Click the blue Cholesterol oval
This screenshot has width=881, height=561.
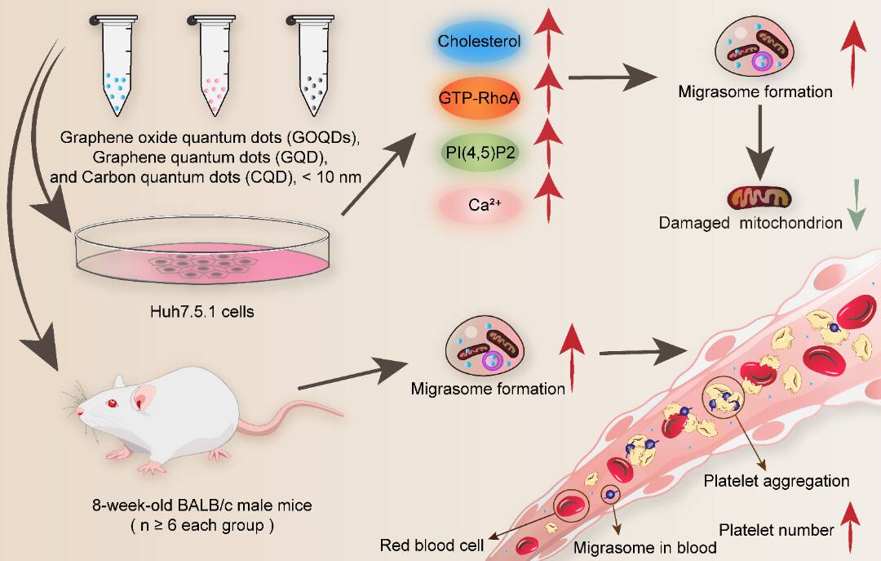pyautogui.click(x=480, y=41)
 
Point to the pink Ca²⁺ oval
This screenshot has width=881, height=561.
pyautogui.click(x=480, y=203)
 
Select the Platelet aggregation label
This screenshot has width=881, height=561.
pyautogui.click(x=776, y=481)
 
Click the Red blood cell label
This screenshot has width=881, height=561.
pyautogui.click(x=432, y=545)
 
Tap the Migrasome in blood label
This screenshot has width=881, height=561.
pyautogui.click(x=645, y=547)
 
